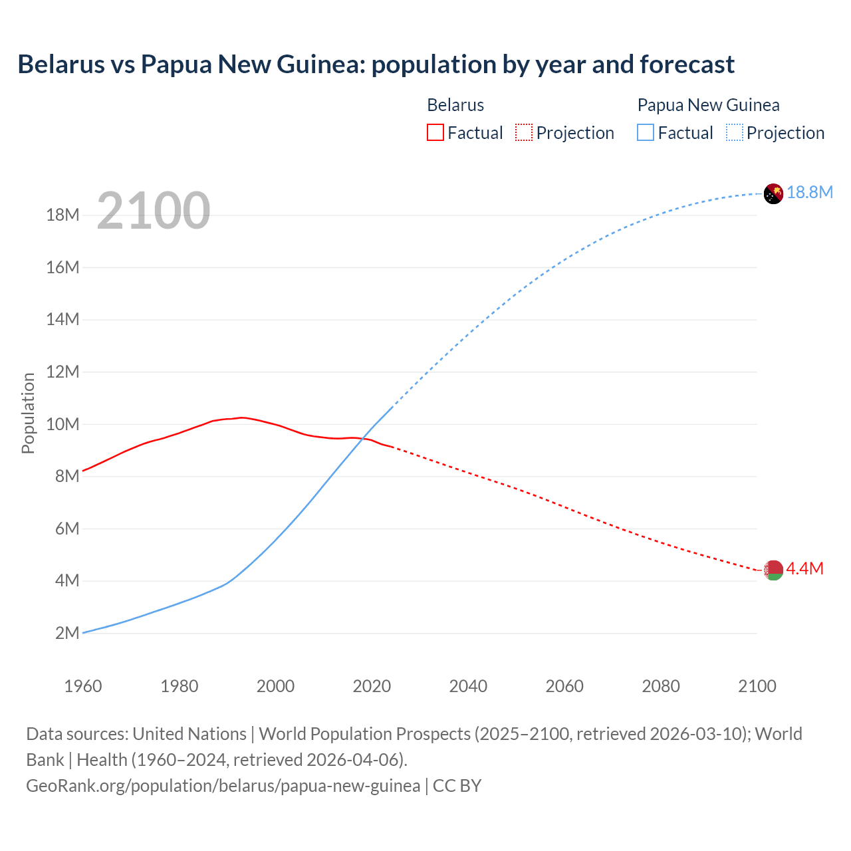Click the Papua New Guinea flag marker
(773, 193)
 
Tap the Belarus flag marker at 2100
(773, 570)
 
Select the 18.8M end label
(810, 192)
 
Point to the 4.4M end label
(804, 568)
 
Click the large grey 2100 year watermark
(154, 211)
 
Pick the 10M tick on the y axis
(62, 424)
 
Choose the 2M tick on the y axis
(67, 633)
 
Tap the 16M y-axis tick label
(62, 267)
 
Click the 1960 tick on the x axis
(83, 686)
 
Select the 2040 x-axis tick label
(468, 686)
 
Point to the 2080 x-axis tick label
(661, 686)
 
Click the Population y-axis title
(28, 413)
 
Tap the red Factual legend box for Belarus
(435, 132)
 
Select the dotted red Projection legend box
(524, 132)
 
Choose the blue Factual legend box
(646, 132)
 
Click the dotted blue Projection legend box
(735, 132)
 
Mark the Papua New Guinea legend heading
(708, 105)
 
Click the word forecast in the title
(687, 64)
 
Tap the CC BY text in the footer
(457, 785)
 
